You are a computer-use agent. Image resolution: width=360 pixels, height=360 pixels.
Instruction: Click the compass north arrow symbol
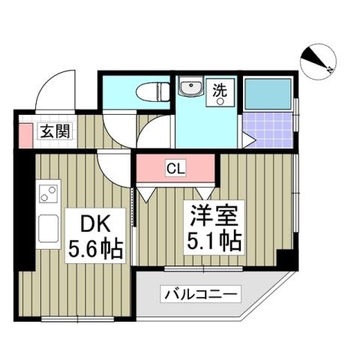coord(319,61)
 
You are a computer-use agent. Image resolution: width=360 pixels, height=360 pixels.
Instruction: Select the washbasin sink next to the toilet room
coord(191,90)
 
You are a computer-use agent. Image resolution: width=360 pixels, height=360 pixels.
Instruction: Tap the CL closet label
coord(176,168)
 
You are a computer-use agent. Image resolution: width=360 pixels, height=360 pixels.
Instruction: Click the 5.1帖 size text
coord(215,243)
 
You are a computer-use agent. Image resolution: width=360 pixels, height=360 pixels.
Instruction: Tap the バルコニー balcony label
coord(202,295)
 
